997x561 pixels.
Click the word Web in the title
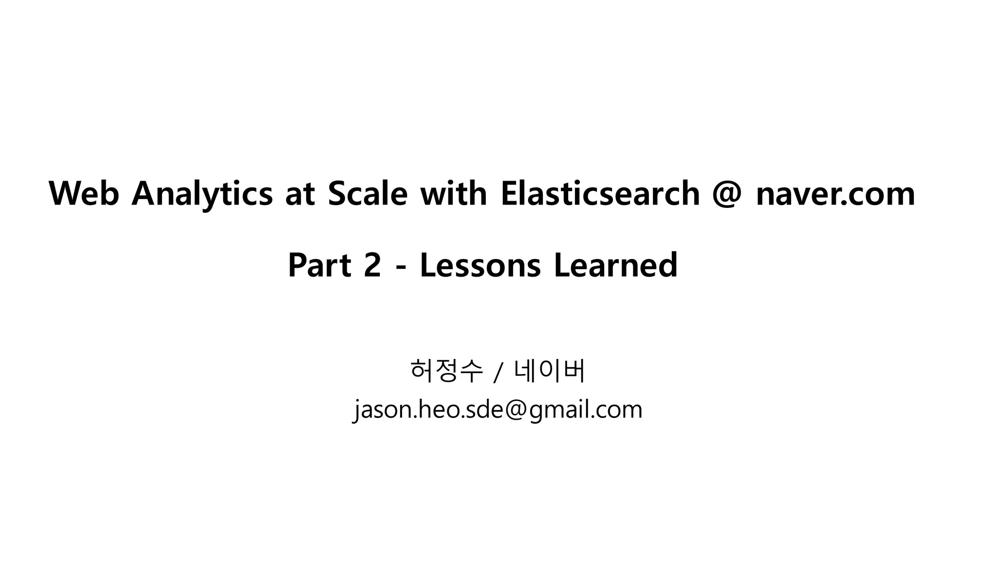point(84,193)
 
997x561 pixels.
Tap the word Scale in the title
point(368,193)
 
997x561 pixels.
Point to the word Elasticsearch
point(600,193)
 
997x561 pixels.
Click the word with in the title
point(453,193)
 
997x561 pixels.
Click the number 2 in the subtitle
point(372,265)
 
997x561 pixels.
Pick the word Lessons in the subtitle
point(480,265)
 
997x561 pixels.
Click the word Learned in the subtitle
point(615,265)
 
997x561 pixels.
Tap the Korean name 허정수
point(446,371)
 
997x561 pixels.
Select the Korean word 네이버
point(550,371)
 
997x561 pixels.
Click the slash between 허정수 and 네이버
point(497,373)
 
